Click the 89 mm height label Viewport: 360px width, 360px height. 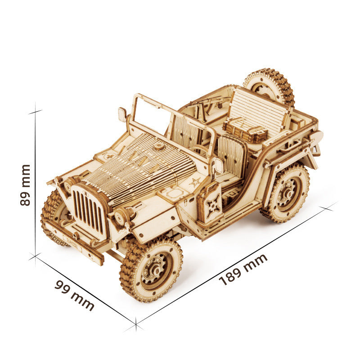(25, 185)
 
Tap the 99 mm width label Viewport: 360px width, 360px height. (74, 295)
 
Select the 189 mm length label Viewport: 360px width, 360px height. (243, 270)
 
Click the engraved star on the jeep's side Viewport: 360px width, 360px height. (194, 182)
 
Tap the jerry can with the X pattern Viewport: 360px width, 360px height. (210, 202)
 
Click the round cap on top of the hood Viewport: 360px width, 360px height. (159, 147)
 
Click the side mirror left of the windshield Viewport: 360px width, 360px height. (122, 114)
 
